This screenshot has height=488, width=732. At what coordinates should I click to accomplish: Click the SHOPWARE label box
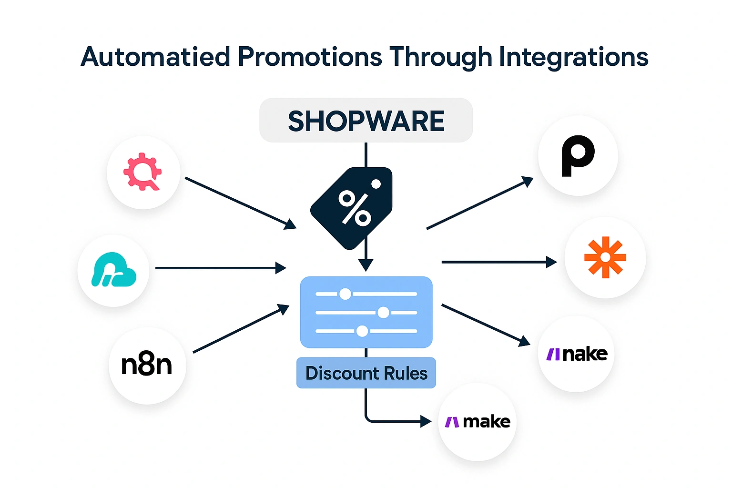[366, 121]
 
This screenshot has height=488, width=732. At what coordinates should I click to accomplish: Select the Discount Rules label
[366, 373]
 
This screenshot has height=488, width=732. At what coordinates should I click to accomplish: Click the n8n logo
[147, 365]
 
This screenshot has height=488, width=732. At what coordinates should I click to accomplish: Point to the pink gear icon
[142, 172]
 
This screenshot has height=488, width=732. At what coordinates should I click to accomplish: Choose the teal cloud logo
[113, 270]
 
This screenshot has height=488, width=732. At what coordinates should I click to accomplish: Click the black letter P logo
[578, 156]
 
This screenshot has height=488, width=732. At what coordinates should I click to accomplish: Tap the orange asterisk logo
[605, 257]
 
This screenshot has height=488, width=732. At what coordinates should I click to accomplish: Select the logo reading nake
[577, 354]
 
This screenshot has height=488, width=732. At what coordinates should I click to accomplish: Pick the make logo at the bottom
[478, 422]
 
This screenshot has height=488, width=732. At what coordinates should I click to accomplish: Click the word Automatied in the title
[155, 57]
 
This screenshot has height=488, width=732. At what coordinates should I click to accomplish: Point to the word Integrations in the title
[573, 57]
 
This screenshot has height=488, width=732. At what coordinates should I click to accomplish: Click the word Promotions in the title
[310, 57]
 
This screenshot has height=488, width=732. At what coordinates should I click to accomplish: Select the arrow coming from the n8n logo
[241, 329]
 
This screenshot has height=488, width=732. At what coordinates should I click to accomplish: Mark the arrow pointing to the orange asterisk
[498, 262]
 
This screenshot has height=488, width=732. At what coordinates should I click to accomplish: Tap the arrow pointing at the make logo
[400, 421]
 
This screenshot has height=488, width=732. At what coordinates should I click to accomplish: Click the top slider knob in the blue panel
[345, 294]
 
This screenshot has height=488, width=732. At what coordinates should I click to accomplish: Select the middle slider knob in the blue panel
[383, 313]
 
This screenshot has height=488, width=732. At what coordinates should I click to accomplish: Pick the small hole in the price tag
[376, 184]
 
